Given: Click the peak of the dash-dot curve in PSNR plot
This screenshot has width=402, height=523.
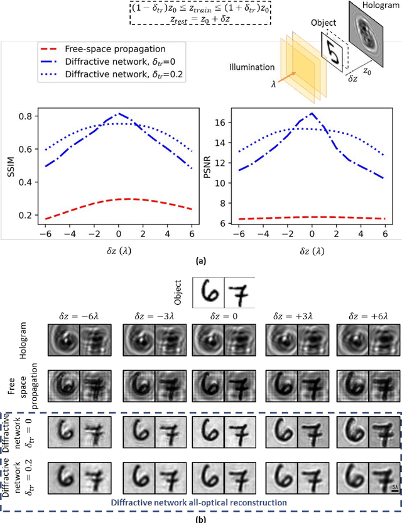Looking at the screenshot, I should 312,114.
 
